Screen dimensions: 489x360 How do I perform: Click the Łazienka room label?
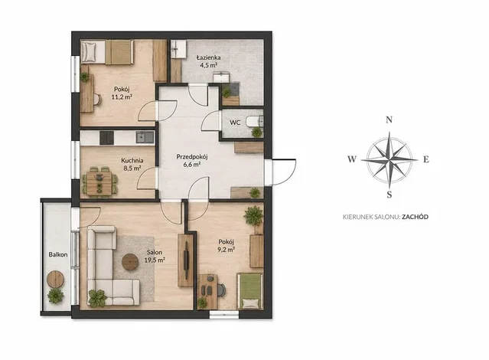point(209,57)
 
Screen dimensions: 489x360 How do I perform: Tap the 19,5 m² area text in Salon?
point(155,260)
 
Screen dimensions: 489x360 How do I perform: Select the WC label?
point(235,123)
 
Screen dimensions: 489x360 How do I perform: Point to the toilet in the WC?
point(254,121)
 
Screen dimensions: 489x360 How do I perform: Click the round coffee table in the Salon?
point(130,262)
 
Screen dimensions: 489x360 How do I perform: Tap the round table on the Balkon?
point(55,279)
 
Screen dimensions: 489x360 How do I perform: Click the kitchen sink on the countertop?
point(145,137)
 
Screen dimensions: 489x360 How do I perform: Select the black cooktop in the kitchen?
point(106,138)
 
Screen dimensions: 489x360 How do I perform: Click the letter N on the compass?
point(389,119)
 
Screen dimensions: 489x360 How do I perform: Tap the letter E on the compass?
point(426,159)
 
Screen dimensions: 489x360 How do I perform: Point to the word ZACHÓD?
point(415,217)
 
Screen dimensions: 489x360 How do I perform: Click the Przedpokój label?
point(192,157)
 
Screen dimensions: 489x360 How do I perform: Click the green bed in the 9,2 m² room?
point(249,291)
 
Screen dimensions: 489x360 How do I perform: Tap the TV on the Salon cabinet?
point(186,260)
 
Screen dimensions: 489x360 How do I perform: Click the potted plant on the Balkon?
point(56,296)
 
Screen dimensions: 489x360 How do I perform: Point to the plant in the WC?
point(256,133)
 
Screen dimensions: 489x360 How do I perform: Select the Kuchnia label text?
point(132,161)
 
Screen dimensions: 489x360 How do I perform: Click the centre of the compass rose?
point(390,159)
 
